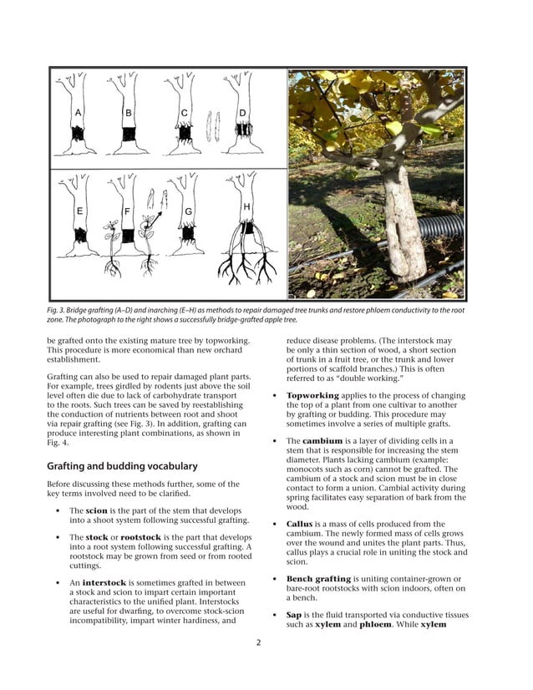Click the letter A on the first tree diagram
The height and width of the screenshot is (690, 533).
click(x=78, y=112)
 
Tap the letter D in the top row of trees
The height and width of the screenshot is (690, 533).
click(x=242, y=112)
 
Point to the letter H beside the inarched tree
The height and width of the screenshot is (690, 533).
click(x=246, y=206)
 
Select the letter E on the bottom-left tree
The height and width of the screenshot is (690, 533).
click(x=79, y=211)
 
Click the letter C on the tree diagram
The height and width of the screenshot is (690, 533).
click(x=184, y=112)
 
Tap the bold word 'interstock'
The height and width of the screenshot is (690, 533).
click(x=106, y=582)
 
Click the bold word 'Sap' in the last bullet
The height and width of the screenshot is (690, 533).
click(x=294, y=615)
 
